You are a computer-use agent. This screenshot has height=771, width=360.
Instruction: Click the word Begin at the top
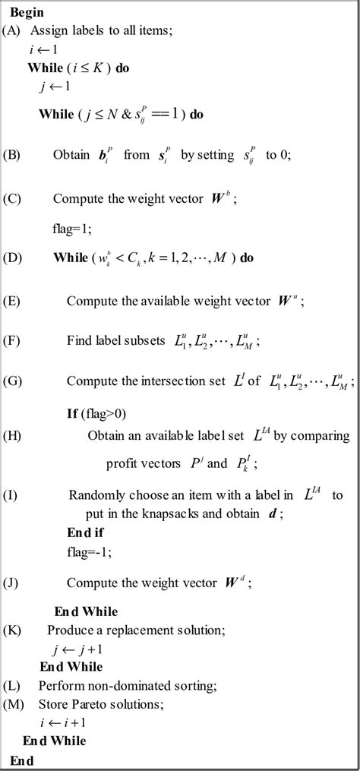(x=27, y=12)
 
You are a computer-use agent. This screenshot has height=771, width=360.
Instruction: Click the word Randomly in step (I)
(x=94, y=495)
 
